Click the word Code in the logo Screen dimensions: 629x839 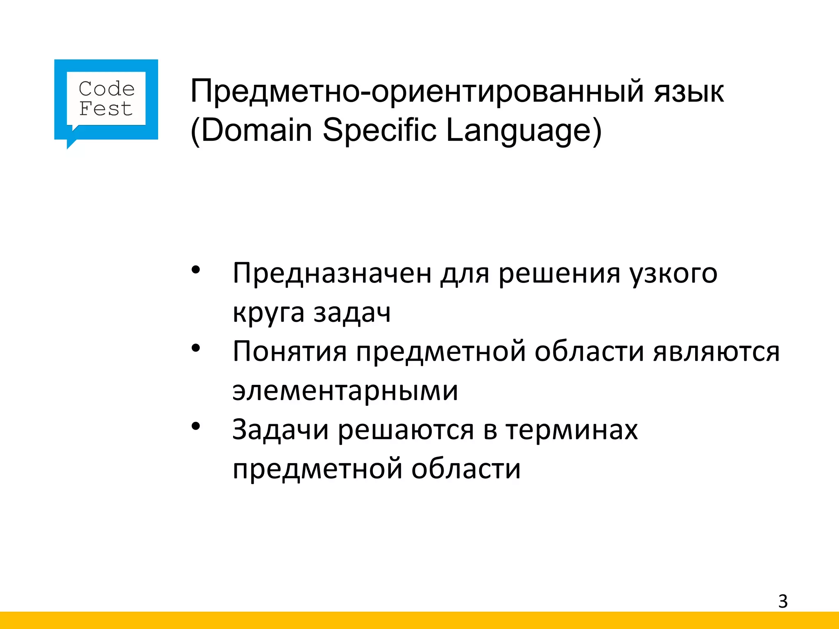(107, 89)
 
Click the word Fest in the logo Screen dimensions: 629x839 (106, 109)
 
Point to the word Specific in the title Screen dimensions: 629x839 (379, 130)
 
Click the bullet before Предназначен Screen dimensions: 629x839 (196, 270)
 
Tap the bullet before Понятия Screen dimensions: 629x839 (196, 348)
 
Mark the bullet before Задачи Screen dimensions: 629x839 (196, 426)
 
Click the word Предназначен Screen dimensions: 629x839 (332, 273)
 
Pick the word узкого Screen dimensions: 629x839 (673, 273)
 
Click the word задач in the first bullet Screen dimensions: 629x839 (352, 312)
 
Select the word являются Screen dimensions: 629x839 (716, 351)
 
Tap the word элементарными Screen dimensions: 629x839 (345, 391)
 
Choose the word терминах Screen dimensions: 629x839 (571, 430)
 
